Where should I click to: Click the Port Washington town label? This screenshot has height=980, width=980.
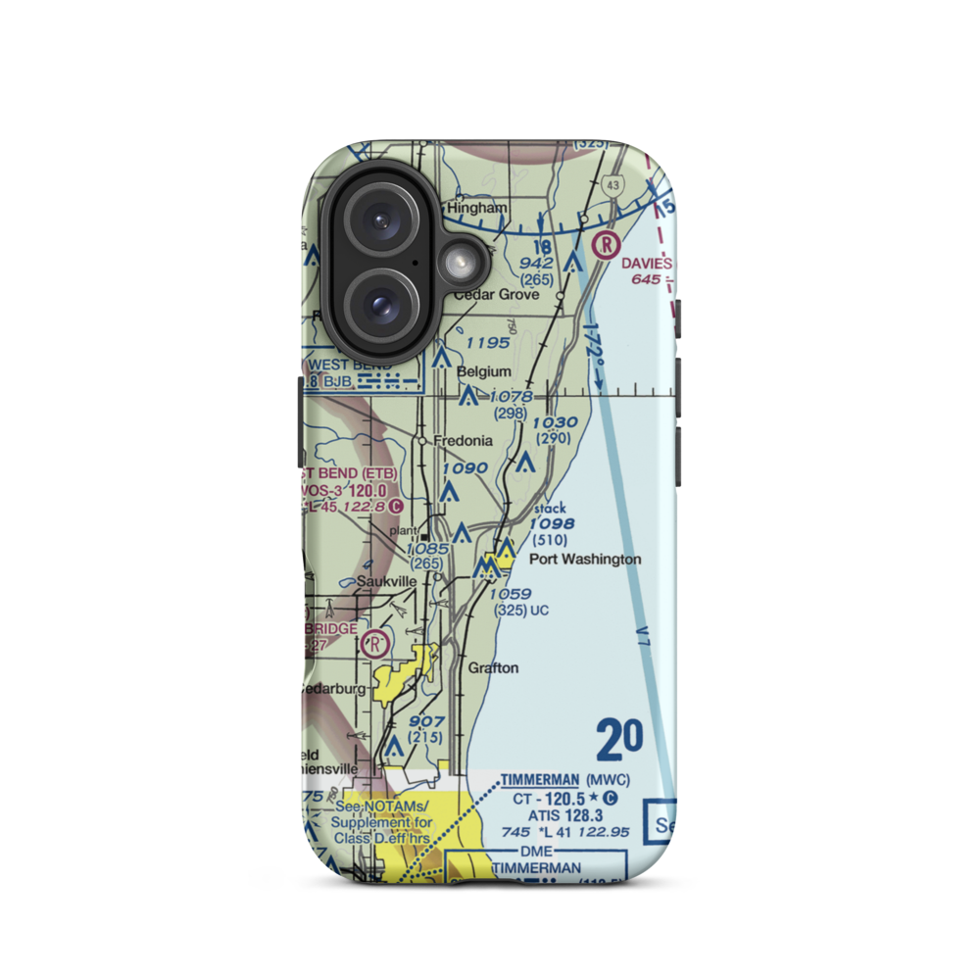click(585, 560)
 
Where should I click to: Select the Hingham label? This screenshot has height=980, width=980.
click(477, 209)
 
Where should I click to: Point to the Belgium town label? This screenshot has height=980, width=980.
click(484, 371)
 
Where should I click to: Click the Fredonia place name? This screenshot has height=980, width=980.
click(465, 441)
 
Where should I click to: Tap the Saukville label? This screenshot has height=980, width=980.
click(386, 580)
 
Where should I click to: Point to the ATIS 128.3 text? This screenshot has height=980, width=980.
click(565, 814)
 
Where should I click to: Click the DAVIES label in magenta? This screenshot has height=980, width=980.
click(646, 264)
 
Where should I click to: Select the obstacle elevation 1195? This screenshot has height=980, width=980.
click(487, 343)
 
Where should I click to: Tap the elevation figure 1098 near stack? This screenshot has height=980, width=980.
click(552, 524)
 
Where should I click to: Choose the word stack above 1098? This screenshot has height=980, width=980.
click(550, 509)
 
